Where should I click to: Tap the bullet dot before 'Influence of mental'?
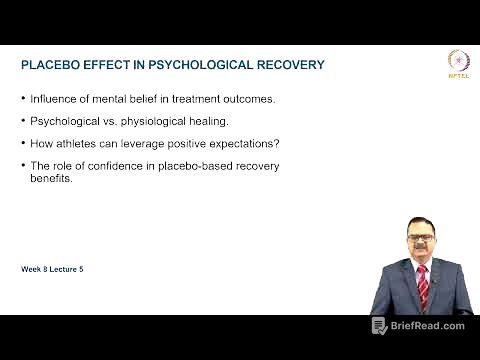point(24,98)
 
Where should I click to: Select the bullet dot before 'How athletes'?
point(24,142)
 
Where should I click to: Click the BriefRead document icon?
point(379,326)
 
